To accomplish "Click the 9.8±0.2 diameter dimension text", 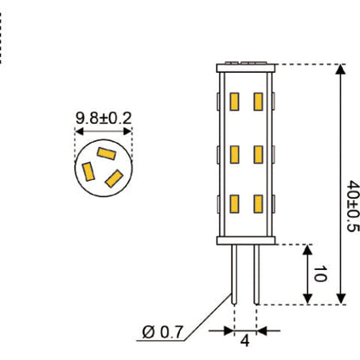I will [103, 115].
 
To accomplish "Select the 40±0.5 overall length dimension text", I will [351, 206].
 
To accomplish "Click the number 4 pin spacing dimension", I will [245, 342].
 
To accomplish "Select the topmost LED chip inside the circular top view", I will [106, 153].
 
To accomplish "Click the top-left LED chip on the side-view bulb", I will [234, 102].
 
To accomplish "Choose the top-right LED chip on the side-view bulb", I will [257, 102].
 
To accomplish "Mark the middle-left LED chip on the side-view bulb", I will [234, 155].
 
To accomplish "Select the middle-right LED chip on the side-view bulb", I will [257, 155].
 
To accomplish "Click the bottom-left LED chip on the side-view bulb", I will [234, 205].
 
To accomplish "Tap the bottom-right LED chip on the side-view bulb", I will [257, 205].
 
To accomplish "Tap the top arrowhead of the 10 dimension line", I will [306, 250].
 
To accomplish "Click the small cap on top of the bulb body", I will [245, 63].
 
